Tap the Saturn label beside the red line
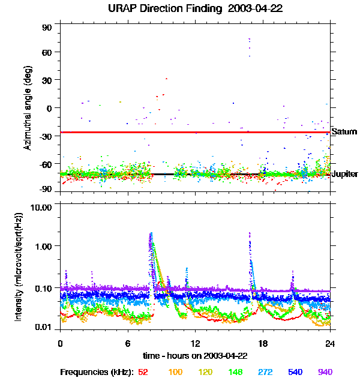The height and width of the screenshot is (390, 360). [x=344, y=131]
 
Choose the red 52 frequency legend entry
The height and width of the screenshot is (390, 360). [x=143, y=372]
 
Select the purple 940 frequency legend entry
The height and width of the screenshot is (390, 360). [x=325, y=372]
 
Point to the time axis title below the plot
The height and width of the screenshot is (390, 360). [x=195, y=356]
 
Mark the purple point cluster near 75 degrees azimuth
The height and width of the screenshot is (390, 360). [x=249, y=41]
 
